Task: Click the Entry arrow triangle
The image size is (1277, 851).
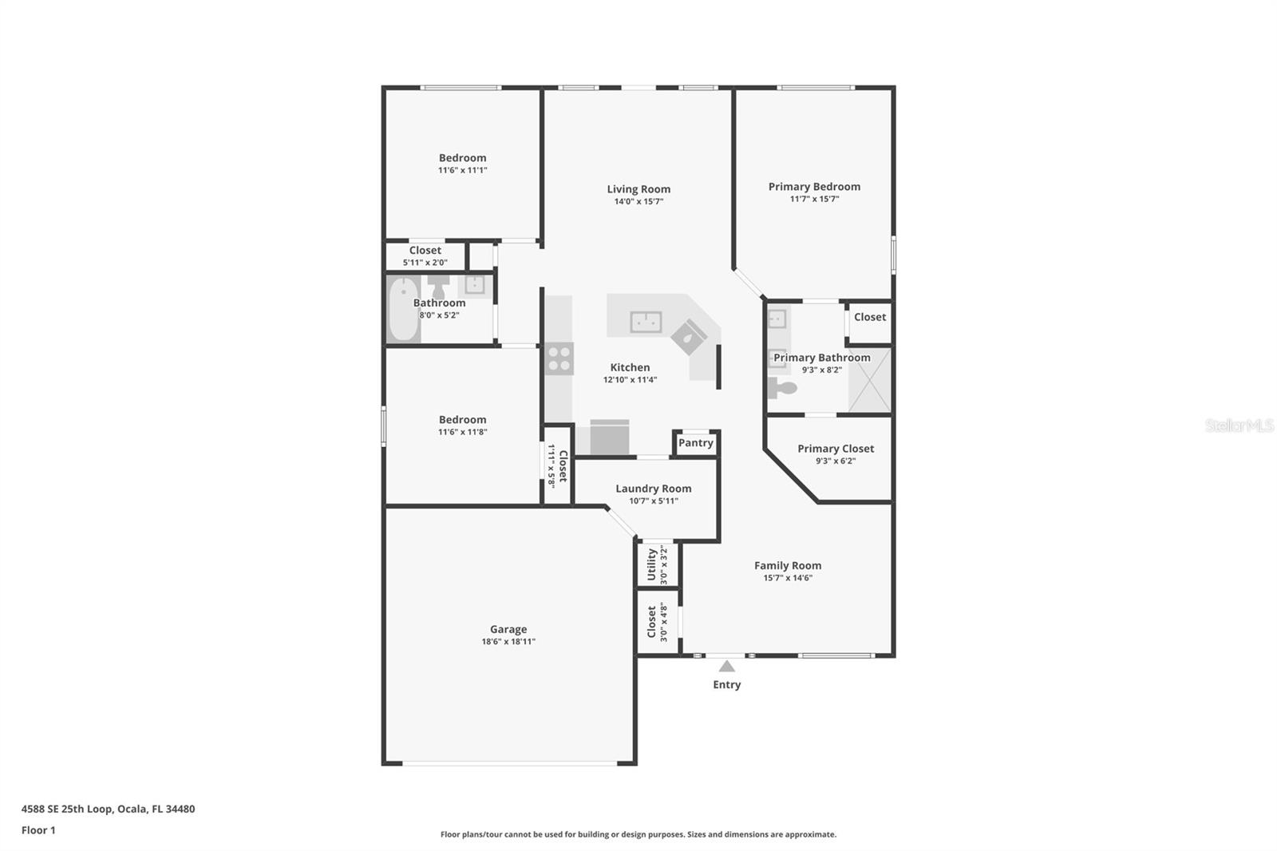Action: click(x=726, y=666)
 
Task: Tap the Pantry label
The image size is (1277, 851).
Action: click(x=695, y=443)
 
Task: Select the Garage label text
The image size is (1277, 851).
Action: click(x=508, y=629)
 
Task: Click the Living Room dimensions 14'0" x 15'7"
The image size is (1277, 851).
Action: click(x=638, y=202)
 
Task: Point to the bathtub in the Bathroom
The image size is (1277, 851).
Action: click(x=404, y=309)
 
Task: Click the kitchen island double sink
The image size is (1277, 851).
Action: click(x=646, y=322)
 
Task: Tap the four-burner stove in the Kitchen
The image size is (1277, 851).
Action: click(x=559, y=358)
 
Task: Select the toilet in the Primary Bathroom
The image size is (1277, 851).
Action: click(x=782, y=388)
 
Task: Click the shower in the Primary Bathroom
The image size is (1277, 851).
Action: click(x=868, y=381)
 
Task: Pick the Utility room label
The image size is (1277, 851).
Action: click(x=652, y=564)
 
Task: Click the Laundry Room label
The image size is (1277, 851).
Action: click(x=653, y=489)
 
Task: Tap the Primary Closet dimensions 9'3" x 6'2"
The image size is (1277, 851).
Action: click(x=836, y=461)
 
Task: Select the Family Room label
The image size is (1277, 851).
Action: click(x=788, y=565)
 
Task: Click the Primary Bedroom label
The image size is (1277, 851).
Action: click(x=814, y=187)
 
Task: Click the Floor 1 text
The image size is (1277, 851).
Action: click(x=38, y=830)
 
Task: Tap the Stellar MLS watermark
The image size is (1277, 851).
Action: click(x=1239, y=425)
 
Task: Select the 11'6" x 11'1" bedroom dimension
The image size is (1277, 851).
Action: click(x=462, y=170)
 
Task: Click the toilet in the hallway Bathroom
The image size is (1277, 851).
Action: click(x=438, y=285)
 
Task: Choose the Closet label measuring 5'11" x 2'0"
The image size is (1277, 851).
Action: click(x=425, y=251)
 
